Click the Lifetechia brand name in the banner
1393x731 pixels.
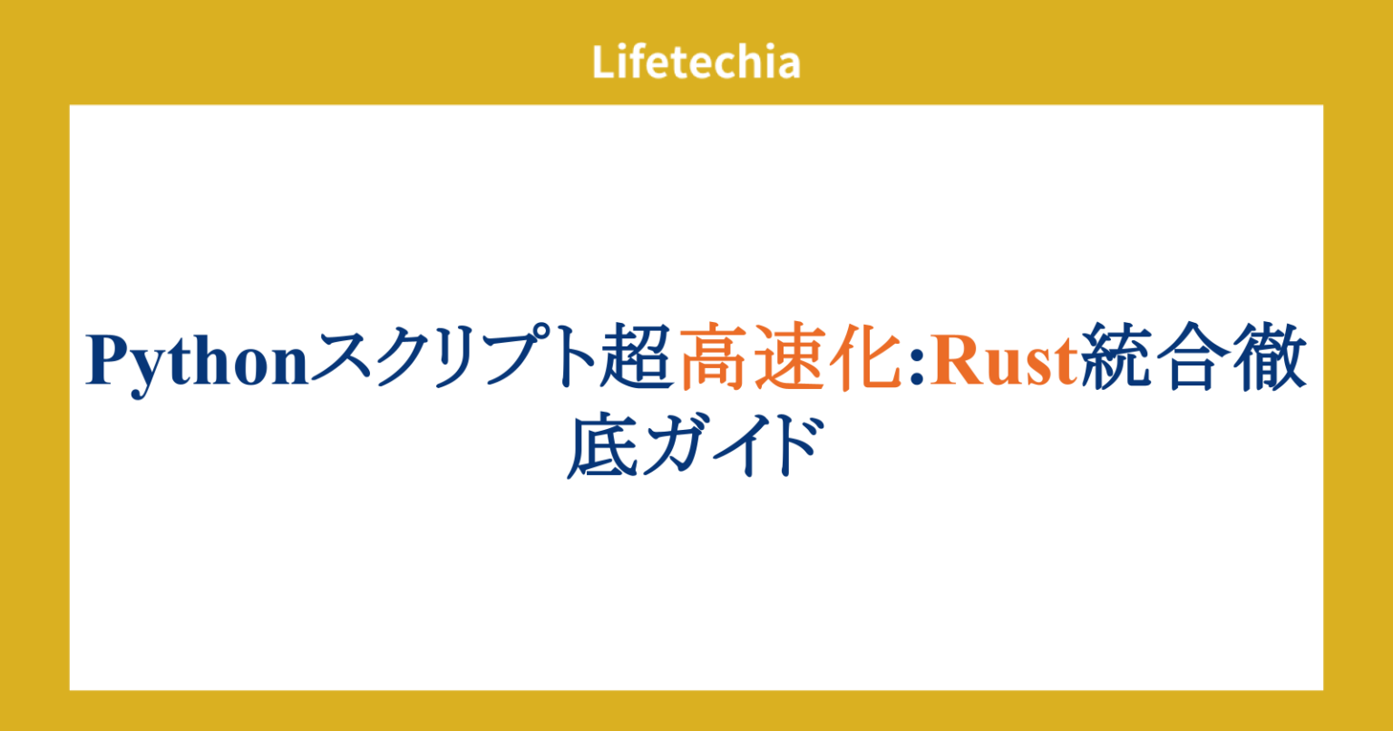tap(696, 63)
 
